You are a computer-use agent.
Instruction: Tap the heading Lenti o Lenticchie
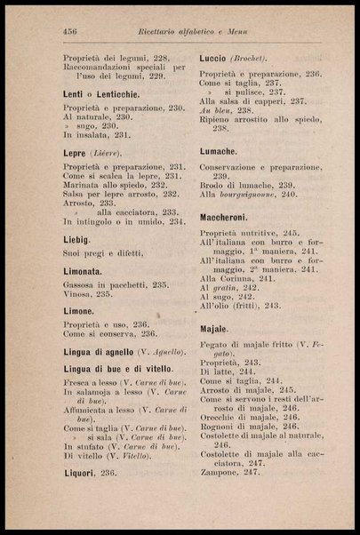coord(100,94)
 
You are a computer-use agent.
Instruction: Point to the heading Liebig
coord(77,241)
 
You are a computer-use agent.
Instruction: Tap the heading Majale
coord(215,329)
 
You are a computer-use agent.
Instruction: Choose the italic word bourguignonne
coord(252,194)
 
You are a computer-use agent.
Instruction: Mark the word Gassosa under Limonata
coord(84,284)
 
